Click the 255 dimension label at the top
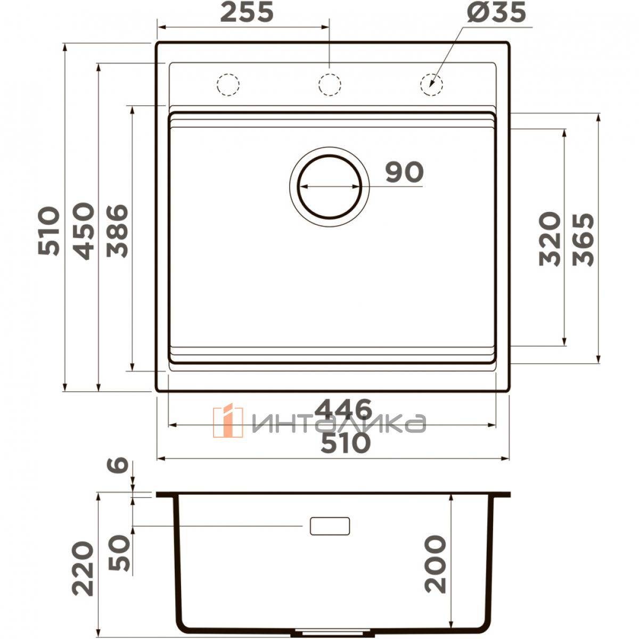[247, 13]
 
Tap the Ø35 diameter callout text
[496, 13]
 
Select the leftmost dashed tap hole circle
[228, 84]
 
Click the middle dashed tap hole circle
[329, 84]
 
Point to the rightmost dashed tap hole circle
[431, 84]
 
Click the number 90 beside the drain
[405, 172]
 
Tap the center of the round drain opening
[329, 187]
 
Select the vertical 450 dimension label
[83, 231]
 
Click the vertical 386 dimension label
[117, 231]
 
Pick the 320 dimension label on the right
[550, 239]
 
